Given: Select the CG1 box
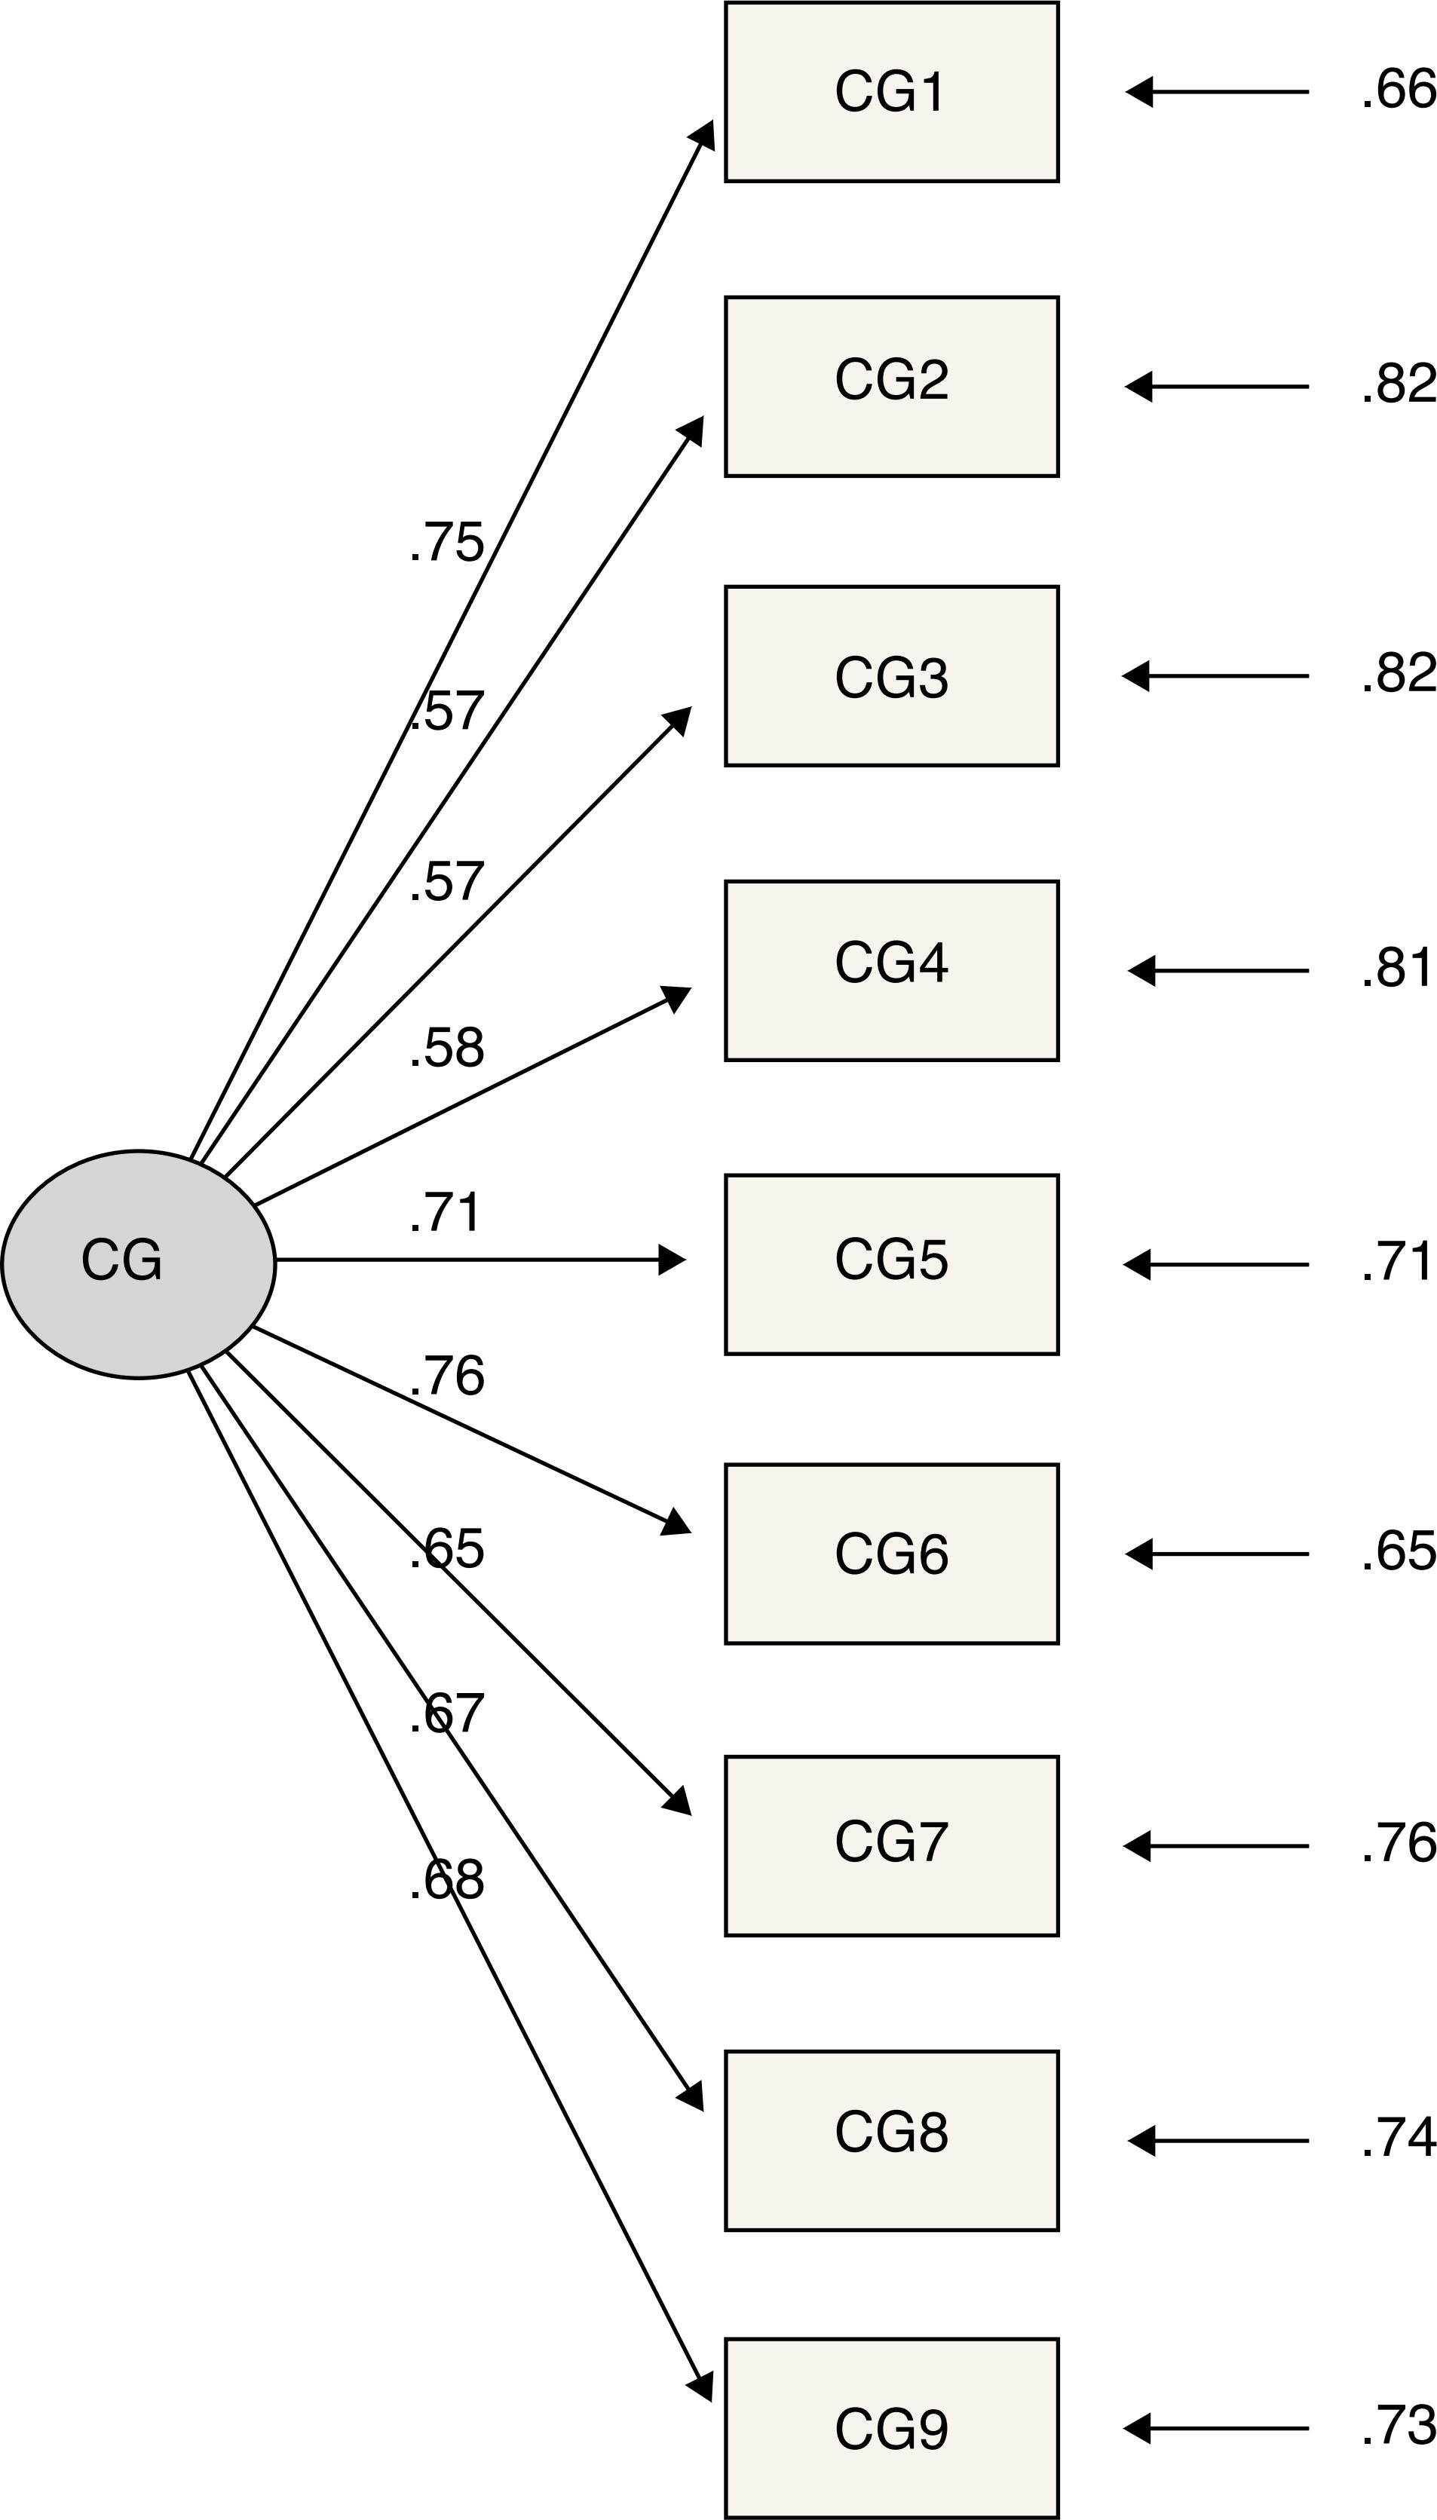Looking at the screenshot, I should [x=891, y=92].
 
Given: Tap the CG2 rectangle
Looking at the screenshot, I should [x=891, y=386].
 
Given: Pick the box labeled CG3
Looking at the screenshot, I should [x=891, y=676].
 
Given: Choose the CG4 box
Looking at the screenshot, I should [x=891, y=970].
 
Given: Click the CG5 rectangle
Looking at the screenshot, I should [x=891, y=1264].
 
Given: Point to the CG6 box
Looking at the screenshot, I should [x=891, y=1554].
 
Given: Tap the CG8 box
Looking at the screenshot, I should [x=891, y=2140].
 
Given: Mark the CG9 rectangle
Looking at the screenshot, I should [x=891, y=2428].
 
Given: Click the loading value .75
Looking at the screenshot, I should [x=446, y=543].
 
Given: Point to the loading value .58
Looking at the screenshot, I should [x=446, y=1048].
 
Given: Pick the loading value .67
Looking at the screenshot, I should [x=446, y=1714].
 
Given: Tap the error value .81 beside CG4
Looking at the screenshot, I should [x=1396, y=968].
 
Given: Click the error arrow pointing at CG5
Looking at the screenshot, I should [x=1216, y=1264].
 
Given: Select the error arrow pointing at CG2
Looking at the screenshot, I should [x=1216, y=386].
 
